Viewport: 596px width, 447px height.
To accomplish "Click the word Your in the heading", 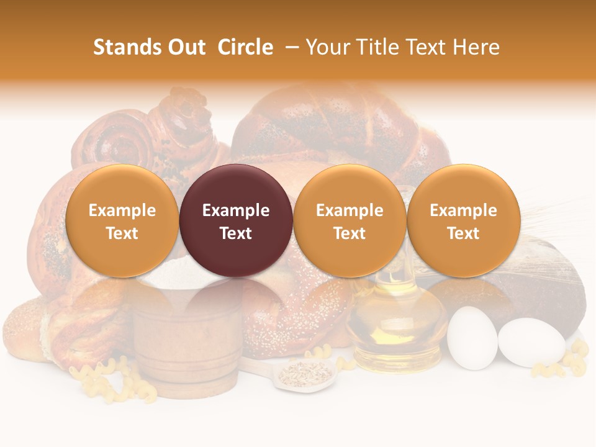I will pos(327,47).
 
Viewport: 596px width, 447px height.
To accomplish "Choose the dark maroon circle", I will pos(236,220).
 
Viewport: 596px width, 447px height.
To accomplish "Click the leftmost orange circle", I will pos(122,220).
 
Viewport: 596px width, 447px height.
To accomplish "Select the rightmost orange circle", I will pos(463,220).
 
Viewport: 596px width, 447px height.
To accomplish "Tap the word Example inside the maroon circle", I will pos(236,210).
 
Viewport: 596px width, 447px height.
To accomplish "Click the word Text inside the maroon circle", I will pos(236,233).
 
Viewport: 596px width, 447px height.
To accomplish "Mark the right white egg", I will pos(531,343).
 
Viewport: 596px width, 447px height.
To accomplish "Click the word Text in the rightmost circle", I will pos(463,233).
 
